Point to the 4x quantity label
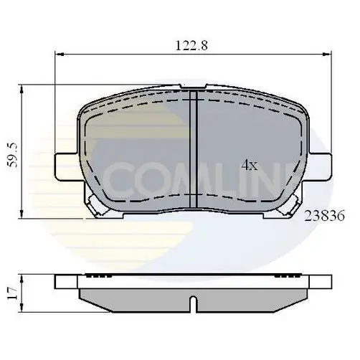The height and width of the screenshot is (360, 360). (x=249, y=165)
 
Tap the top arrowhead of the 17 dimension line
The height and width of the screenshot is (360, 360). (x=24, y=276)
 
